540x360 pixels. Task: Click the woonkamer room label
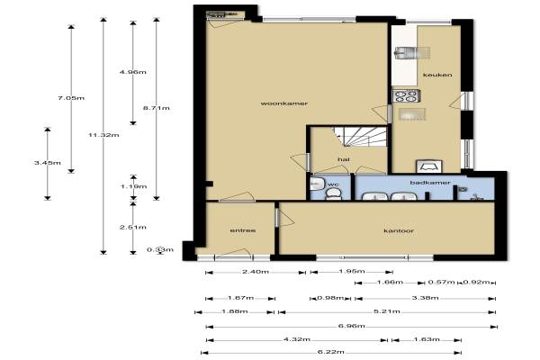point(284,103)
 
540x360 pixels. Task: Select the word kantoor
point(399,230)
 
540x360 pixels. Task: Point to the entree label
point(243,230)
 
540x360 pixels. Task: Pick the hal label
point(344,159)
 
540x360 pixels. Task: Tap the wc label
point(333,184)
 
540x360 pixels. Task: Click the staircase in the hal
point(360,137)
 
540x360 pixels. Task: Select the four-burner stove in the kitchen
point(407,95)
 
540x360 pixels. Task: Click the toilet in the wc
point(333,194)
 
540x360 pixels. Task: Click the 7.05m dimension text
point(71,98)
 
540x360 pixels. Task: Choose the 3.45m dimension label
point(48,163)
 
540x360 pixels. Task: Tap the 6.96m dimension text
point(351,326)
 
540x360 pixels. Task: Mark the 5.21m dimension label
point(387,311)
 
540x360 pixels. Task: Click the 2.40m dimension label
point(256,272)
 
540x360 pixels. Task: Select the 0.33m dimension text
point(160,250)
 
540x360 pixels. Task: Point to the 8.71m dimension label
point(157,108)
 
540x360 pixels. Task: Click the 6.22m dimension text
point(330,352)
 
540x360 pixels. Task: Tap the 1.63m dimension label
point(426,339)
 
